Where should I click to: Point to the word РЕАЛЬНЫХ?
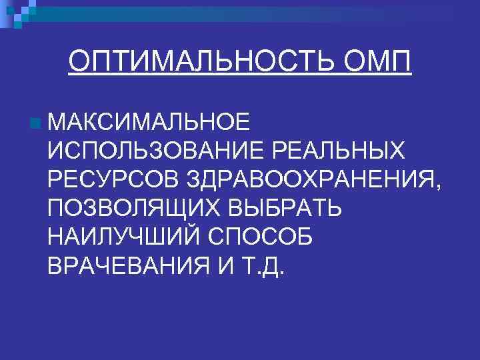[x=342, y=151]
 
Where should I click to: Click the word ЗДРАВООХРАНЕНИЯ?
[x=307, y=179]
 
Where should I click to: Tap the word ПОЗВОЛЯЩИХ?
[x=133, y=208]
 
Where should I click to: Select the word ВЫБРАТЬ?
[x=285, y=208]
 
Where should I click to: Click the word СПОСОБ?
[x=261, y=237]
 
